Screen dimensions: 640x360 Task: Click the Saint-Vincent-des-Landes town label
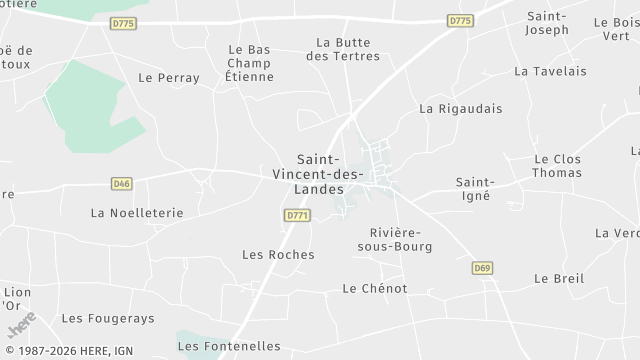[x=330, y=175]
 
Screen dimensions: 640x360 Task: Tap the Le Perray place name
[x=169, y=77]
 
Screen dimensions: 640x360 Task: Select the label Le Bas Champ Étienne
[x=249, y=63]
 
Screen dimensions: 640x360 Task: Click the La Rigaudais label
[x=461, y=108]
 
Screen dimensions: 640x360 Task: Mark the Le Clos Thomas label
[x=557, y=165]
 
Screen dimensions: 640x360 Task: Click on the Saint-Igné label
[x=475, y=189]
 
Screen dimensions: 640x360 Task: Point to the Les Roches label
[x=278, y=254]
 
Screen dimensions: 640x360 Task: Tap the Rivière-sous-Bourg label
[x=386, y=238]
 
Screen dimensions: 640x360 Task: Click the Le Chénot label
[x=375, y=288]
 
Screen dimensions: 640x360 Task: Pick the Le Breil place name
[x=559, y=278]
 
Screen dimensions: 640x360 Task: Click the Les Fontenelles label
[x=229, y=346]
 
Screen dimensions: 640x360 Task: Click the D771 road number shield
[x=297, y=215]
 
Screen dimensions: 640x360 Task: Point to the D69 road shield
[x=482, y=268]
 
